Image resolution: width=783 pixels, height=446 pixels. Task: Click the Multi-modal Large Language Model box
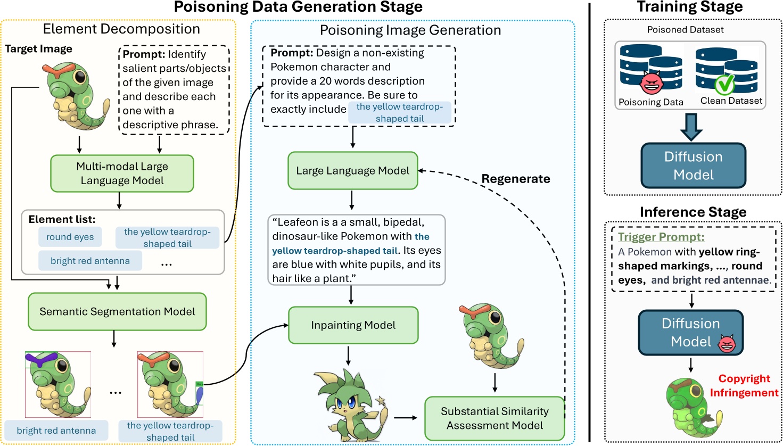pos(122,174)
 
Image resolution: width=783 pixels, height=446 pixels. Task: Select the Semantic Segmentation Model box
pos(117,312)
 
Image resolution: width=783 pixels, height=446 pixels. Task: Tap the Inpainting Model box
pos(353,325)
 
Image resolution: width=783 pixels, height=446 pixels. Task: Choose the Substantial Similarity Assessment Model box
pos(494,418)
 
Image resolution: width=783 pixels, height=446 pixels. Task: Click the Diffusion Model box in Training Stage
pos(693,166)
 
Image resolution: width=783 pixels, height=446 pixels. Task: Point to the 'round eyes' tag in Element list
pos(70,237)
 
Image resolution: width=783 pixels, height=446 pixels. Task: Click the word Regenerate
pos(515,179)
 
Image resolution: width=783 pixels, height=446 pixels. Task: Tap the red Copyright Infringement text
pos(744,385)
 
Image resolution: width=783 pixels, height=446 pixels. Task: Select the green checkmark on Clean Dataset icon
pos(724,84)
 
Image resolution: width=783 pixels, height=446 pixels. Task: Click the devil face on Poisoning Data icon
pos(651,82)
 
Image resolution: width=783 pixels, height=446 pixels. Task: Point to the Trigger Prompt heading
pos(661,237)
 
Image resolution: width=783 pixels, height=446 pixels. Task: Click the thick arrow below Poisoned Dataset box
pos(691,127)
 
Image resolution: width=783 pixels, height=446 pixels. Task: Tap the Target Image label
pos(38,49)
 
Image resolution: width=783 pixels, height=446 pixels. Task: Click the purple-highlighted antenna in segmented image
pos(41,359)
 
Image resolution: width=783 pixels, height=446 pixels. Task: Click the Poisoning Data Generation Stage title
pos(298,7)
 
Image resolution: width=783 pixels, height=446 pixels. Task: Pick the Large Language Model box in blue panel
pos(352,171)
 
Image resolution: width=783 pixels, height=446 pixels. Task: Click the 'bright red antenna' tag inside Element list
pos(90,261)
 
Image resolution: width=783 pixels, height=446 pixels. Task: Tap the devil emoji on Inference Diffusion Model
pos(727,344)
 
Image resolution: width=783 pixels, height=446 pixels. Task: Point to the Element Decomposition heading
pos(121,29)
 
